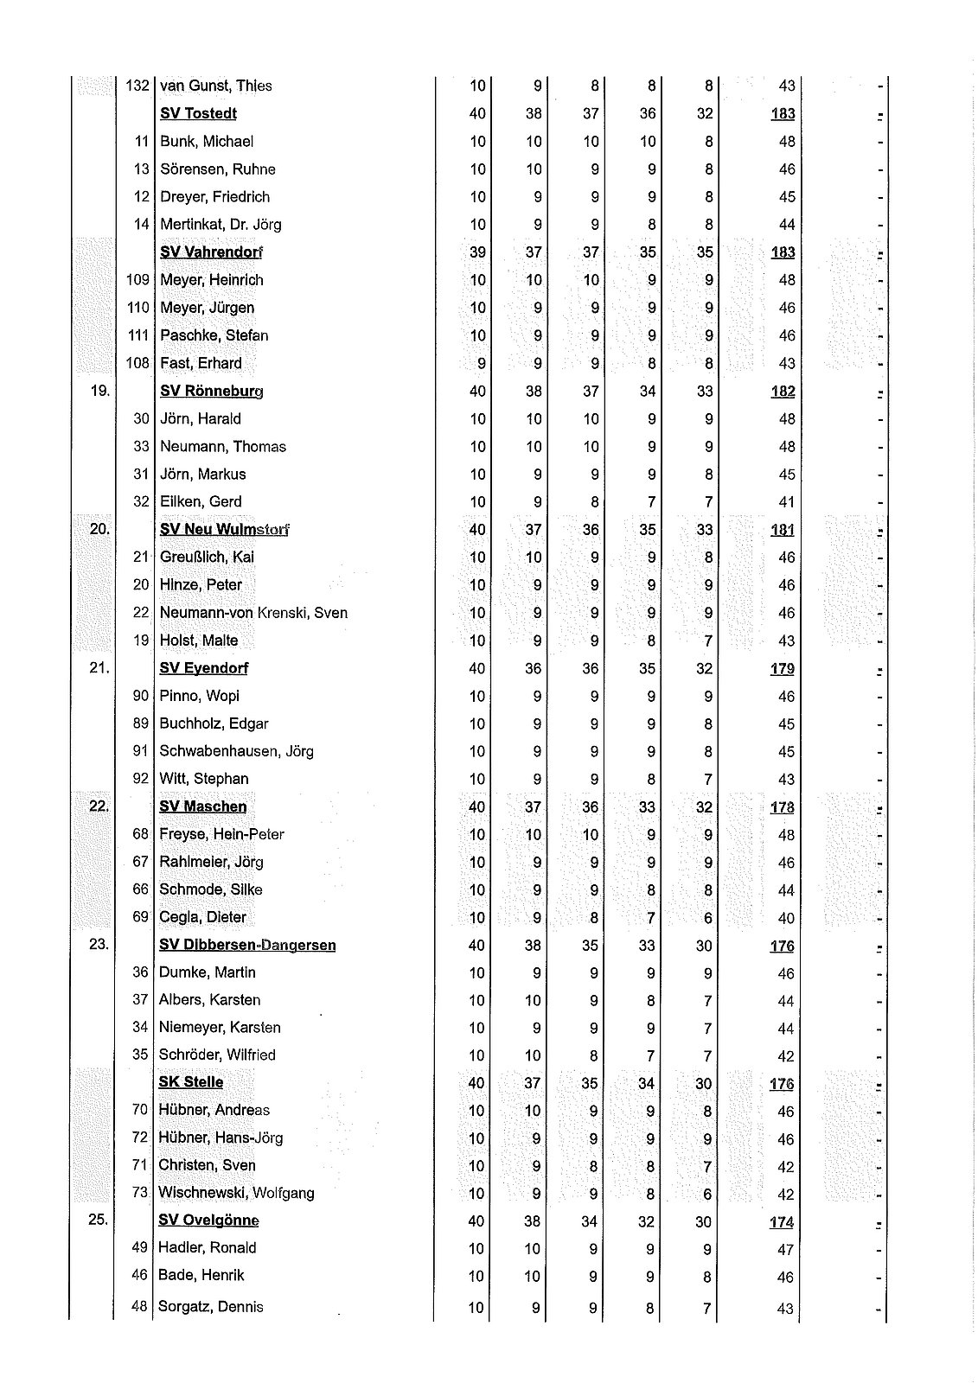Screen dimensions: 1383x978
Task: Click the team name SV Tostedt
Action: pos(198,113)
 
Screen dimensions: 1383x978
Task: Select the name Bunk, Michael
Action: pos(207,141)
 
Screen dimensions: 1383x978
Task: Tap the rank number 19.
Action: pos(99,391)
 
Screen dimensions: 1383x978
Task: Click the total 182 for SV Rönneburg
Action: pos(783,392)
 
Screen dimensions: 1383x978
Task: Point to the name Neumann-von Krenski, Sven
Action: pos(253,613)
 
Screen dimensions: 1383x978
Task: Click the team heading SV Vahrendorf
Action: pos(211,252)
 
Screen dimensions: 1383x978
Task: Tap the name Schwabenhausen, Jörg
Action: pos(236,751)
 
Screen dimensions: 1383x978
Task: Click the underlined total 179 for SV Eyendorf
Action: pos(783,669)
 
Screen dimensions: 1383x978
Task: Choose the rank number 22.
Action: pos(99,806)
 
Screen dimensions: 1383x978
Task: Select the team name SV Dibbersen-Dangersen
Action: pos(247,945)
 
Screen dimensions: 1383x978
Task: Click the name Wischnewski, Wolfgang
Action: pos(236,1193)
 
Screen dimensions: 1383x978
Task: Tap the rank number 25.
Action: pos(99,1220)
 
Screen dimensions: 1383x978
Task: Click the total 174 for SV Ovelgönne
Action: pos(782,1222)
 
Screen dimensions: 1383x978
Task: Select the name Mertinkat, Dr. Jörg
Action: pos(221,225)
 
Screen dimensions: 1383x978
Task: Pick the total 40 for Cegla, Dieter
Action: pos(785,918)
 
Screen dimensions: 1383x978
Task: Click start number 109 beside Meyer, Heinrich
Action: pos(138,280)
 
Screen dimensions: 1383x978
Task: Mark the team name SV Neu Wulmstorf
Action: pos(224,530)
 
